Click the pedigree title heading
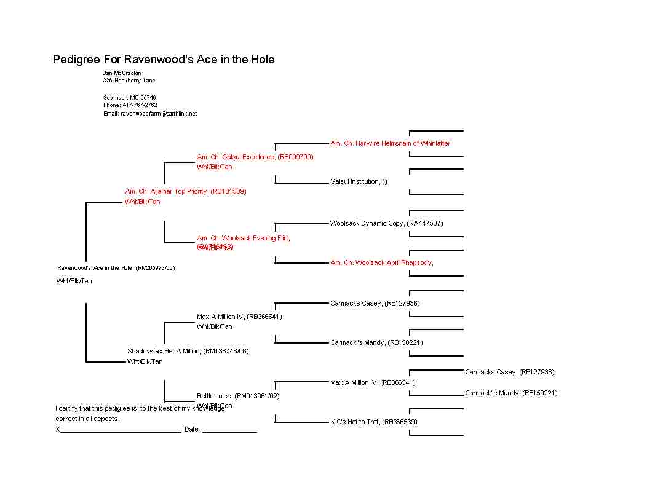click(164, 60)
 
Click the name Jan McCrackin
click(122, 73)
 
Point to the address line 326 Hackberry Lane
click(129, 81)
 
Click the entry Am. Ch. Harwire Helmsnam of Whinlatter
click(390, 143)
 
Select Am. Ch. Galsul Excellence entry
click(255, 157)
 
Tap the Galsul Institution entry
click(359, 181)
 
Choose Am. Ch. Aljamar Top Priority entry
click(185, 191)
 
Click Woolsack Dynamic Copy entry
click(386, 223)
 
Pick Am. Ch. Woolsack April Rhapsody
click(381, 262)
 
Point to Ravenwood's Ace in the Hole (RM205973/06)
click(116, 267)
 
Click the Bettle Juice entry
click(238, 396)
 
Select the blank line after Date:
click(229, 431)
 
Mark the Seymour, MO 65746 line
click(129, 97)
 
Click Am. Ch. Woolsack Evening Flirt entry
click(243, 238)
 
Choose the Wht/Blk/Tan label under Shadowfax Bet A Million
click(145, 361)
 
